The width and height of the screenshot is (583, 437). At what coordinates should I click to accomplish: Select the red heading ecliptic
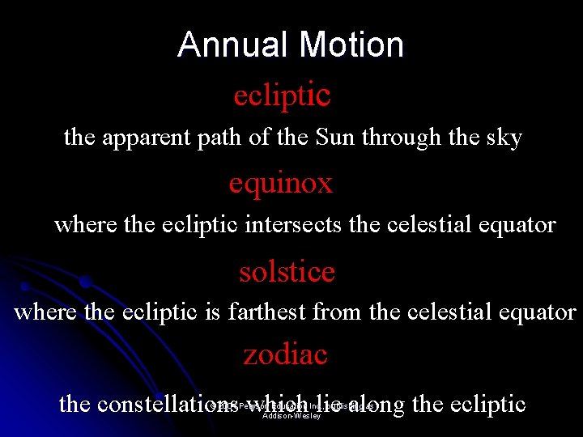(282, 95)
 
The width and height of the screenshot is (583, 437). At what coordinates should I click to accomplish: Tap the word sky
(503, 138)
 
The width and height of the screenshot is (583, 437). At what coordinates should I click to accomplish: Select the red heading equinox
(280, 184)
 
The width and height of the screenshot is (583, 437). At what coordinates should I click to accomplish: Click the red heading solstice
(287, 272)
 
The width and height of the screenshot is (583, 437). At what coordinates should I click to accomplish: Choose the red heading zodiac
(285, 354)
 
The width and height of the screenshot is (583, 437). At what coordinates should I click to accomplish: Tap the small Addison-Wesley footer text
(291, 416)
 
